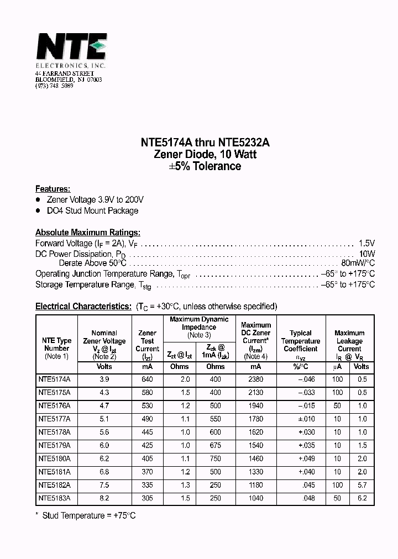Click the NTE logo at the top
71,48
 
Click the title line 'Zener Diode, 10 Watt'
205,155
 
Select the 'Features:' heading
53,188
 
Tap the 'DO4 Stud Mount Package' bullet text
92,210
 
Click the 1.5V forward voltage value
366,243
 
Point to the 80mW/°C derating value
358,263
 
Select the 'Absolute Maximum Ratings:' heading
88,233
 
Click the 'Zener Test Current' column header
147,341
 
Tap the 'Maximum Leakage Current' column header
349,341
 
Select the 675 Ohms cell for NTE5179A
215,445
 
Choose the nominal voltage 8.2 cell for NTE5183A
104,498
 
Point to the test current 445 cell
147,432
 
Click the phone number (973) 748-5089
54,86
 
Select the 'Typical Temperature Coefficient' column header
300,341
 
